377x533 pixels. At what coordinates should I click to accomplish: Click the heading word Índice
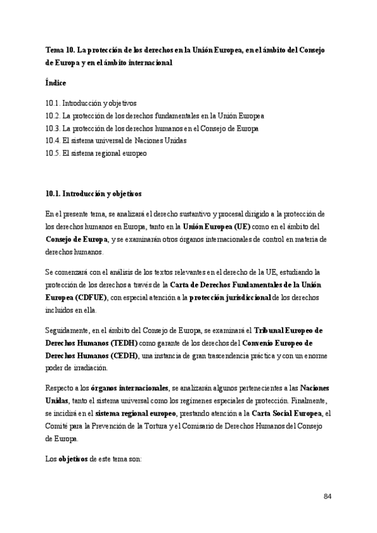56,82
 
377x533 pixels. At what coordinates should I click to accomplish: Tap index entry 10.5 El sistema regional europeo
96,153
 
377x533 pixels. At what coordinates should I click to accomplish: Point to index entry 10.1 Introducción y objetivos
91,103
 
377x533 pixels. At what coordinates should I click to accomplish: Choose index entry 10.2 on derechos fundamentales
155,116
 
